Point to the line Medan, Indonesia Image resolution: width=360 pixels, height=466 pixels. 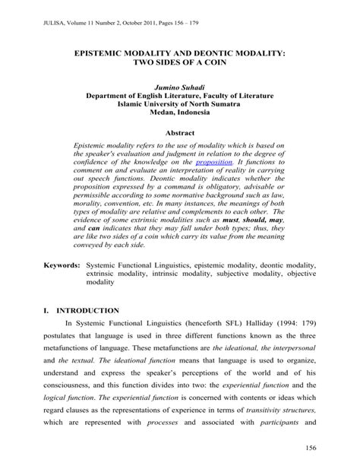(179, 115)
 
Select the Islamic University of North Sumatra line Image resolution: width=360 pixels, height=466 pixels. (179, 106)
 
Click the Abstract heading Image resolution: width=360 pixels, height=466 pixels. (179, 132)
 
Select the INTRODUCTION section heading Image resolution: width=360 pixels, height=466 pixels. (94, 311)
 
